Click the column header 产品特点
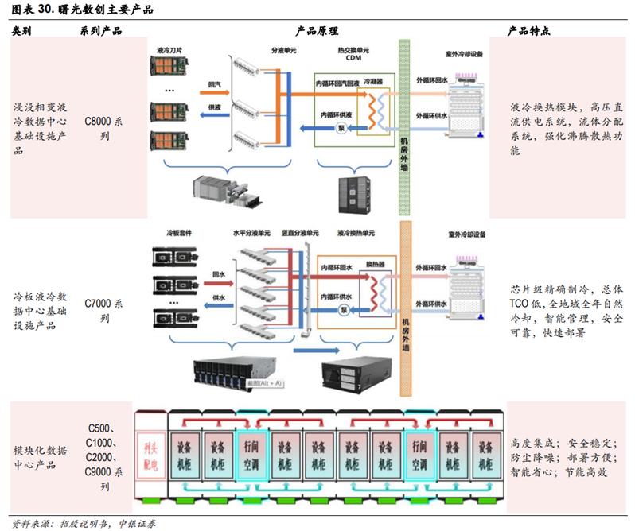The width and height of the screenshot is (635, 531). (529, 31)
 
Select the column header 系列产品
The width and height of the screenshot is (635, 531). (101, 31)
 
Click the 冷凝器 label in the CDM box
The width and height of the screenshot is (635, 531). (372, 81)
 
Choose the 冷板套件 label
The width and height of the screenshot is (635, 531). (178, 234)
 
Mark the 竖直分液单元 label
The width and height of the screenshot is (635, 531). (300, 234)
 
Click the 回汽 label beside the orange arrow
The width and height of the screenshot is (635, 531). (214, 83)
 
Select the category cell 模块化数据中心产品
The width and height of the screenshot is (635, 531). (41, 458)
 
